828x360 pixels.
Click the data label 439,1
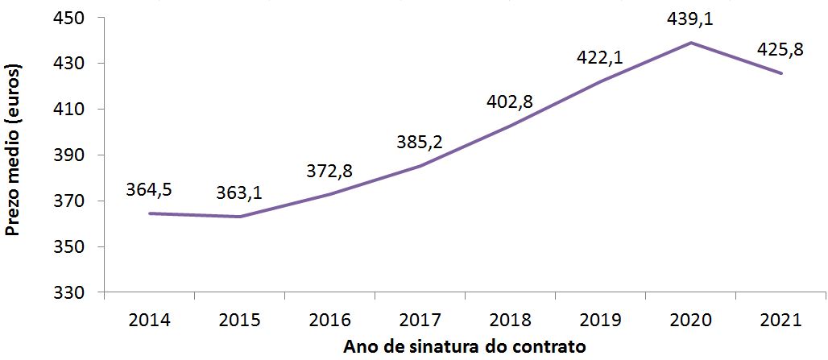coord(690,19)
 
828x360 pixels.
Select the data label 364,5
coord(149,190)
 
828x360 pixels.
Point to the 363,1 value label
coord(239,193)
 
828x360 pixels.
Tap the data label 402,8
coord(510,101)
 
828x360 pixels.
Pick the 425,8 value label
coord(780,50)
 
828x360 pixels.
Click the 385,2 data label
coord(420,143)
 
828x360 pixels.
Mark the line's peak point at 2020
coord(691,43)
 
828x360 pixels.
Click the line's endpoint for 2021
coord(781,73)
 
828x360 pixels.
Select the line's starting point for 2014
coord(150,213)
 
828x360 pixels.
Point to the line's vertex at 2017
coord(420,166)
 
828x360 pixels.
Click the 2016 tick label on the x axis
coord(330,320)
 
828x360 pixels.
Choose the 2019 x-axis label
coord(601,320)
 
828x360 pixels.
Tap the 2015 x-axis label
coord(240,320)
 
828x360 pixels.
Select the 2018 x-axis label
coord(511,320)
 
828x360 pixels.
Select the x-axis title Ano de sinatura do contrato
coord(464,347)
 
